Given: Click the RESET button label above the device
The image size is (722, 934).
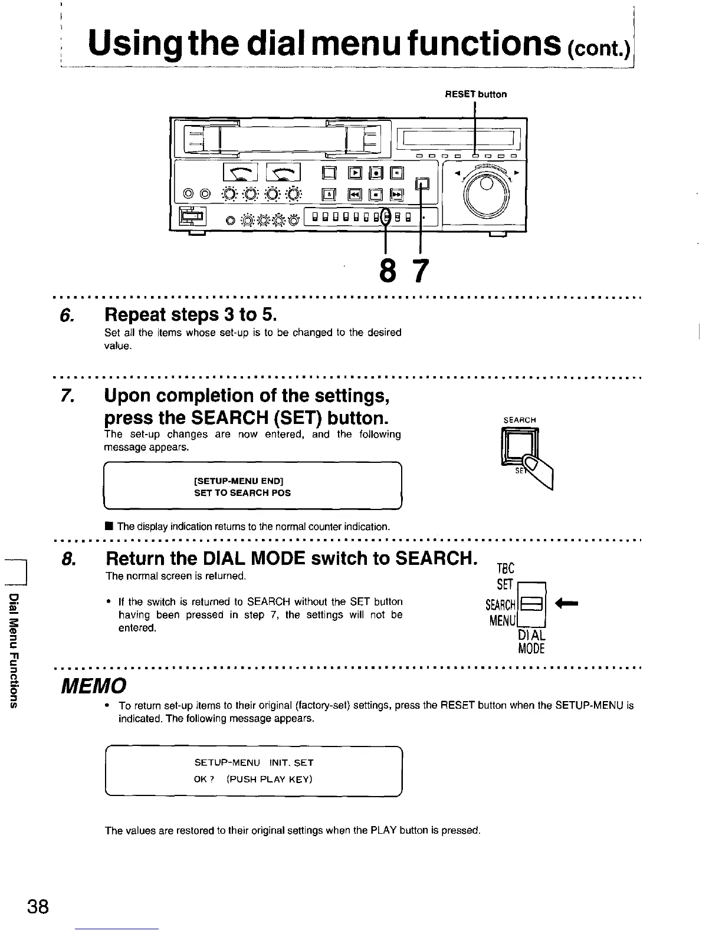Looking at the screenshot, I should (475, 94).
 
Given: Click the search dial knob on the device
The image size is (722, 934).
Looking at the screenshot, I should (487, 190).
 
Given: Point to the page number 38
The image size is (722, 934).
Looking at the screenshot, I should (37, 905).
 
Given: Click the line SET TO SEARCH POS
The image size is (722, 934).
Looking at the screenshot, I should (242, 493).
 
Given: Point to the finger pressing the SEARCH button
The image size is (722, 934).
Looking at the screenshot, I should (540, 471).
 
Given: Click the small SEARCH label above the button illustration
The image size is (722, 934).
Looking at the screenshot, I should (519, 420).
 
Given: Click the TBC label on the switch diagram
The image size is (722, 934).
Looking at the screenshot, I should (506, 568).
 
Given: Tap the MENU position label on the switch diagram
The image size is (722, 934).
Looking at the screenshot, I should (503, 621).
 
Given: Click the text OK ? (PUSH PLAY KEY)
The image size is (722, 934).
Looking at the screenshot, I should (252, 779).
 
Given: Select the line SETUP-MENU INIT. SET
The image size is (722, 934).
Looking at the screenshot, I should (254, 762).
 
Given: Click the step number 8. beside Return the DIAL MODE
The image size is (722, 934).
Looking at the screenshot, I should (67, 558).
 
